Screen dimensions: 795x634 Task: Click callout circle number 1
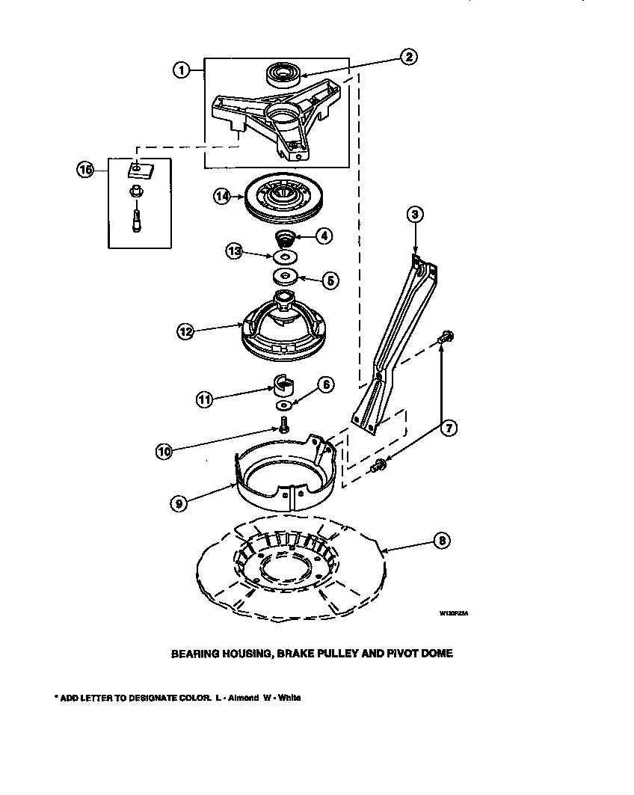tap(180, 70)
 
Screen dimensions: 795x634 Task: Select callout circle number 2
tap(408, 57)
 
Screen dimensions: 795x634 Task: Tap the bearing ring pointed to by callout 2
tap(283, 75)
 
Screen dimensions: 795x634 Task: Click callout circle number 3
tap(415, 215)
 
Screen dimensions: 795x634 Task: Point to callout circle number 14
tap(221, 197)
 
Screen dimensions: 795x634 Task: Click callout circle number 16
tap(85, 170)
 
